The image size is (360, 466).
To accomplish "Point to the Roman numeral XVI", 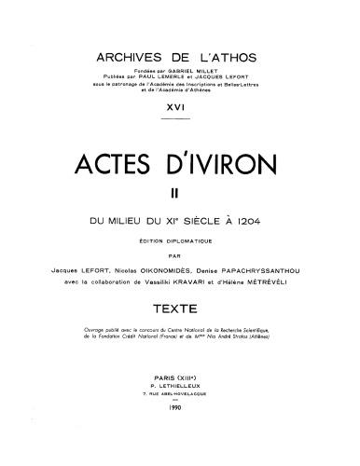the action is pos(180,109).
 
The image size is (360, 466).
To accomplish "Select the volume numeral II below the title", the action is pos(179,194).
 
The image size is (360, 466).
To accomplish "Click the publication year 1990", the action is pos(180,432).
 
